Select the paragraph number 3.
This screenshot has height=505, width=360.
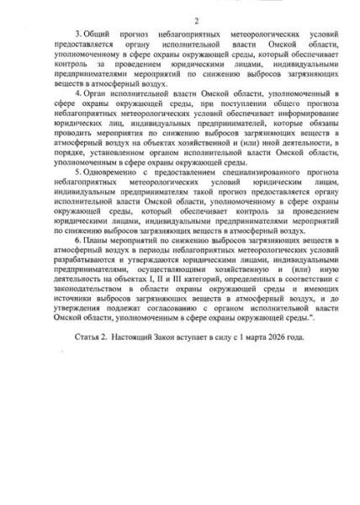click(76, 31)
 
